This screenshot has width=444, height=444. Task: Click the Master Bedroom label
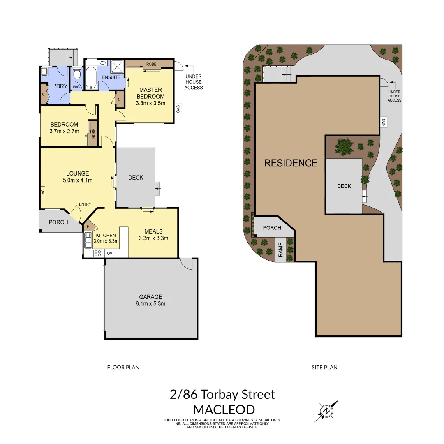click(x=151, y=93)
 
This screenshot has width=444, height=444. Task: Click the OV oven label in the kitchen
click(x=110, y=253)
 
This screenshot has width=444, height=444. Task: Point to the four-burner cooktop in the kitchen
click(x=98, y=253)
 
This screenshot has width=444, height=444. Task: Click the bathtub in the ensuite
click(x=91, y=78)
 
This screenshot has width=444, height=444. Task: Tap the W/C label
click(x=76, y=87)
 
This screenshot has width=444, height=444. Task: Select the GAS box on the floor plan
click(x=178, y=109)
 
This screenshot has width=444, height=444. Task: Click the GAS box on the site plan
click(x=383, y=122)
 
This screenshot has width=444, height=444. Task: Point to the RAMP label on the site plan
click(x=281, y=250)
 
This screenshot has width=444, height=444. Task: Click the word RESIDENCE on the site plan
click(x=291, y=163)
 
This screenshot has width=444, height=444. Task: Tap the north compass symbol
click(x=326, y=411)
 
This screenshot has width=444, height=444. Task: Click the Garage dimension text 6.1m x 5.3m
click(x=150, y=304)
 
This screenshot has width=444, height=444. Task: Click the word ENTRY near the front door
click(x=85, y=204)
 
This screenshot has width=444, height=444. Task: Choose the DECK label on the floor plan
click(x=136, y=178)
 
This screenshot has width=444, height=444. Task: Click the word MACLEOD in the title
click(x=224, y=409)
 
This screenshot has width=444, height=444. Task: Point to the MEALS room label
click(x=154, y=231)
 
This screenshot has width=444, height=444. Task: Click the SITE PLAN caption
click(x=324, y=367)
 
